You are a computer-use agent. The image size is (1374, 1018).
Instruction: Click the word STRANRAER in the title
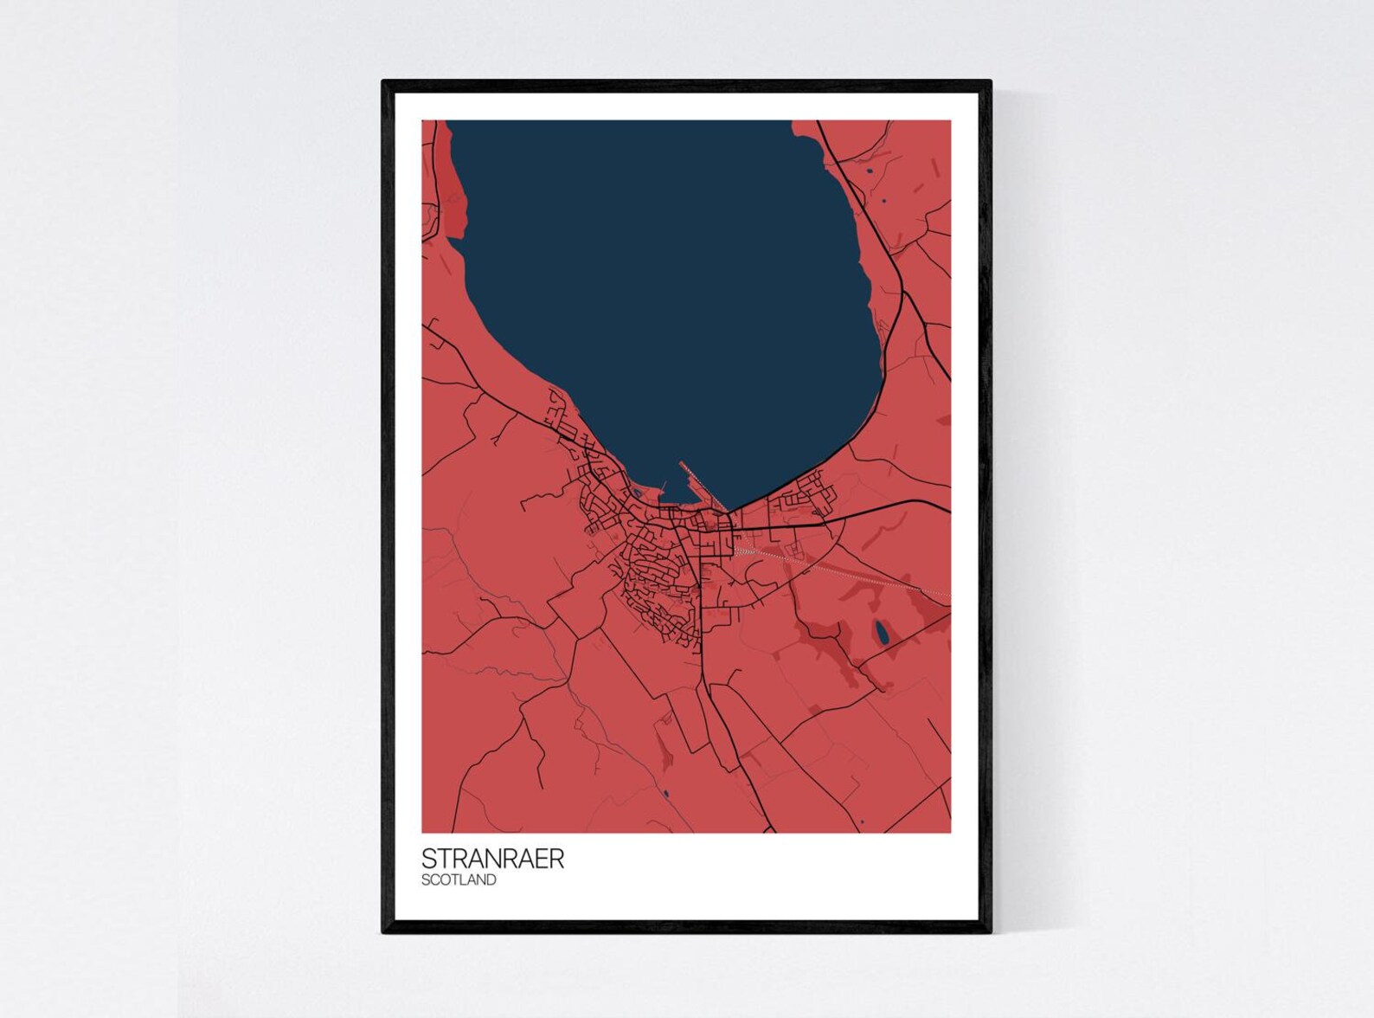point(492,858)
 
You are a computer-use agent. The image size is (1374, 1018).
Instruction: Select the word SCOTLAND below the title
point(459,880)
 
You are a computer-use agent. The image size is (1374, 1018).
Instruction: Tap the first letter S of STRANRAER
point(428,858)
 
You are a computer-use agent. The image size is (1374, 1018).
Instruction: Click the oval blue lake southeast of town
point(881,634)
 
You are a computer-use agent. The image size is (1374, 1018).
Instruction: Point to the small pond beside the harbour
point(636,493)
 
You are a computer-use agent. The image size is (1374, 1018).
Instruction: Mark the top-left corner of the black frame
point(384,82)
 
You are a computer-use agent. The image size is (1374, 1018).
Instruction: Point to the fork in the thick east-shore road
point(903,294)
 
